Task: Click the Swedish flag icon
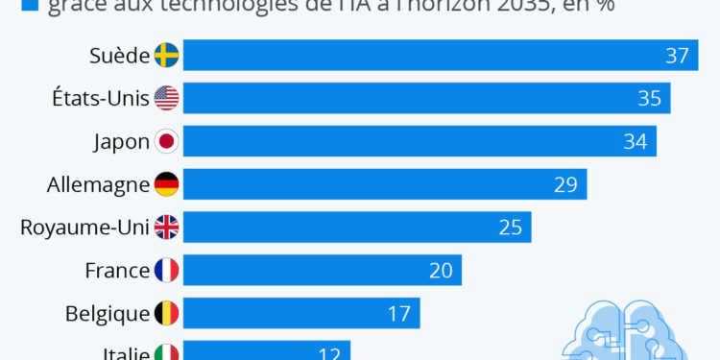tap(166, 56)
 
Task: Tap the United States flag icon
tap(166, 98)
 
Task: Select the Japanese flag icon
tap(166, 141)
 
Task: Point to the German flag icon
tap(166, 184)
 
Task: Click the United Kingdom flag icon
tap(166, 228)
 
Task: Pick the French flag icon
tap(166, 271)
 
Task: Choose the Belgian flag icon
tap(166, 313)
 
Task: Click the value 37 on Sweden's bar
tap(677, 56)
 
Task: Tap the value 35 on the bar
tap(649, 98)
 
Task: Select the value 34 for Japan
tap(635, 141)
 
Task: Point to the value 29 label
tap(565, 184)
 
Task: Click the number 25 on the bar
tap(510, 228)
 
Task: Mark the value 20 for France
tap(441, 271)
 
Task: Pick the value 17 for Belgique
tap(399, 313)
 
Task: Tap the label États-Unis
tap(101, 98)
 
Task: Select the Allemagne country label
tap(98, 184)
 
